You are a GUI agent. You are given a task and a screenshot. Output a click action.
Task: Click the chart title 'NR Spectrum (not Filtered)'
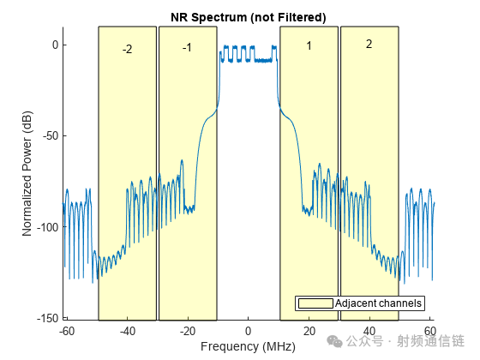coord(249,17)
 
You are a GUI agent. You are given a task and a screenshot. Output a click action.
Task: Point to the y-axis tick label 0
coord(55,45)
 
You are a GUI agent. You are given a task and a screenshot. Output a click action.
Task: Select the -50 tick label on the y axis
coord(51,135)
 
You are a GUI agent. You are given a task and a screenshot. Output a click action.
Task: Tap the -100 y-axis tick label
coord(48,227)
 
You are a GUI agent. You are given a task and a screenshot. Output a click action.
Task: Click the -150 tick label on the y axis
coord(48,318)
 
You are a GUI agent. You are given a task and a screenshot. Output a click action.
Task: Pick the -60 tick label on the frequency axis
coord(67,331)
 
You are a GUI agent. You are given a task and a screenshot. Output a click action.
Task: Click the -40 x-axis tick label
coord(128,331)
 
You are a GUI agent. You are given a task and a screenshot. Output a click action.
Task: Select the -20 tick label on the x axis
coord(188,331)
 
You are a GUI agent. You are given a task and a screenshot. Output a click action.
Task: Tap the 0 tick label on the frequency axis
coord(249,331)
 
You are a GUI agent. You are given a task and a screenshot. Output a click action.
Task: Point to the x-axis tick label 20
coord(309,331)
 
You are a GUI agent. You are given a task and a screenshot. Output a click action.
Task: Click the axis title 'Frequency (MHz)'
coord(248,346)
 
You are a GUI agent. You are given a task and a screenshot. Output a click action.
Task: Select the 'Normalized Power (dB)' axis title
coord(27,173)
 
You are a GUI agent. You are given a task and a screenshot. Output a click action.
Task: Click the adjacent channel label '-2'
coord(128,49)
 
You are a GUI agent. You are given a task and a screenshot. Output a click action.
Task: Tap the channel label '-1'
coord(187,47)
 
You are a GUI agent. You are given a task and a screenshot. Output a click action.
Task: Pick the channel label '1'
coord(309,46)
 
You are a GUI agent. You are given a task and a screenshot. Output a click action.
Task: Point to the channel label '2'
coord(369,44)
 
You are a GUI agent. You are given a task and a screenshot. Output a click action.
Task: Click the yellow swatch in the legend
coord(315,303)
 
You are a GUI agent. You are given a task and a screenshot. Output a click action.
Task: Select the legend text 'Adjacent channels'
coord(378,303)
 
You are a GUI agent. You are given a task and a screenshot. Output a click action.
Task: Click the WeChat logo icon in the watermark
coord(334,341)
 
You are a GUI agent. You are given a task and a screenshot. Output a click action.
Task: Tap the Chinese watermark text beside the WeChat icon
coord(405,341)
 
